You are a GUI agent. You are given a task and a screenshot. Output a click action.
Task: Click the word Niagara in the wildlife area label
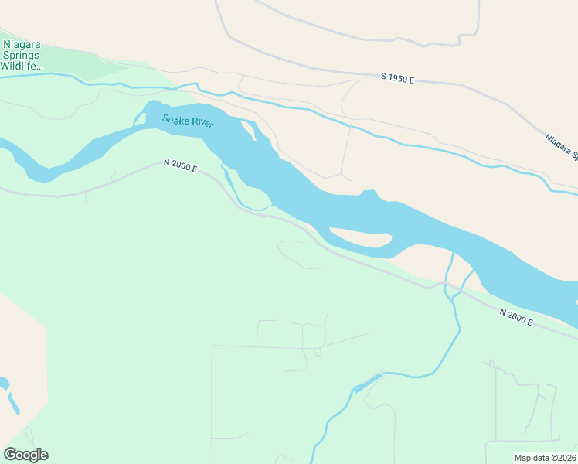click(22, 45)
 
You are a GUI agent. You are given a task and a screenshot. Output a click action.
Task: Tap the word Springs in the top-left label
click(22, 56)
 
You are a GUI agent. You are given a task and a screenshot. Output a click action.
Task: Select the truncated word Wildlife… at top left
click(22, 67)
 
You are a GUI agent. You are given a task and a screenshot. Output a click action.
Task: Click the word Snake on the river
click(175, 119)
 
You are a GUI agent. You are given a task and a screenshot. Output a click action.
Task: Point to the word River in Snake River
click(202, 123)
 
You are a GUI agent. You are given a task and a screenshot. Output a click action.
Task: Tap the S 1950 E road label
click(397, 78)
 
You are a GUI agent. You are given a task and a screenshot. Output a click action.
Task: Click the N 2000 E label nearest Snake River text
click(180, 165)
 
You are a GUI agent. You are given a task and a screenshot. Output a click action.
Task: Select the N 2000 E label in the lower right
click(515, 317)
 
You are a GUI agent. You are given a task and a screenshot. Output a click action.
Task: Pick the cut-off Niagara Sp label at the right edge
click(561, 147)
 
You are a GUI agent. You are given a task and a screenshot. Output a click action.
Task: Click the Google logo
click(25, 455)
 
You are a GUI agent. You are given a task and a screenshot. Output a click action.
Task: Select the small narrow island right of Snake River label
click(249, 130)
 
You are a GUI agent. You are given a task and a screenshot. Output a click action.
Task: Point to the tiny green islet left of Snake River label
click(140, 119)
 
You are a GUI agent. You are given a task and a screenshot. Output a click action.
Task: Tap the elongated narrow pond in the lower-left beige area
click(14, 403)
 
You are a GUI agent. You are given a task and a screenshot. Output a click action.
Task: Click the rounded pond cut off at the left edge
click(3, 384)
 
